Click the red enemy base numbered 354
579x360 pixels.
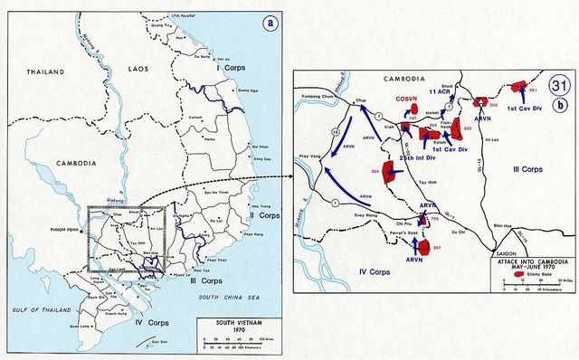click(391, 172)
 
